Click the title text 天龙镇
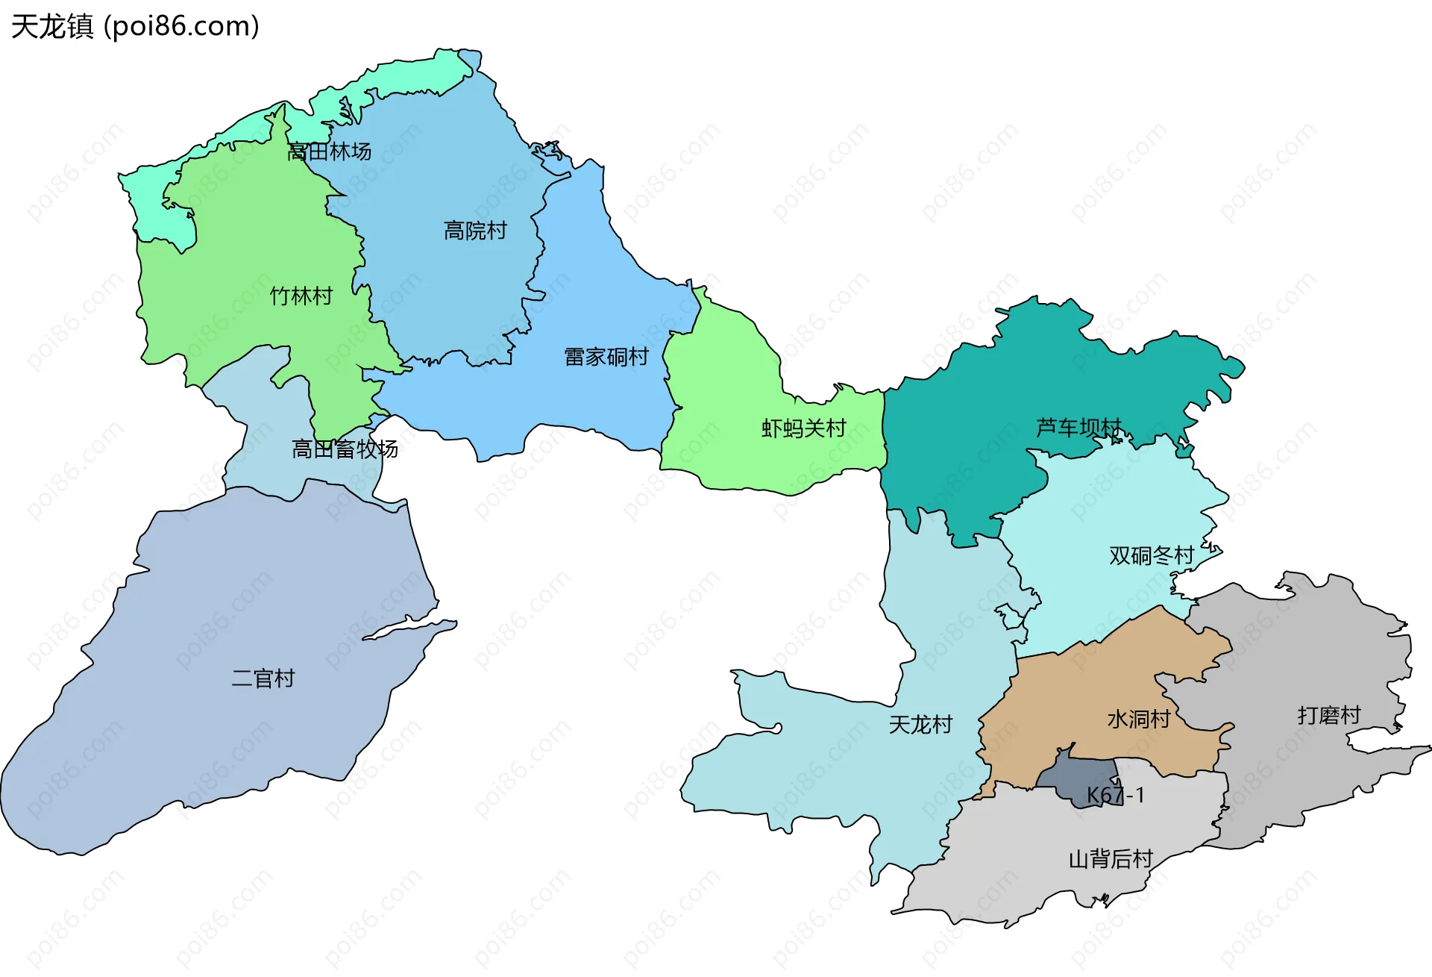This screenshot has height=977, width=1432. click(52, 26)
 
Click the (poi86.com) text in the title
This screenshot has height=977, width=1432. click(181, 26)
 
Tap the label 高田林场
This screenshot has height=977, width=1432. click(329, 152)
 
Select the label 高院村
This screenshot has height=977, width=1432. click(475, 230)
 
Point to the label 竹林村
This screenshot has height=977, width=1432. click(301, 296)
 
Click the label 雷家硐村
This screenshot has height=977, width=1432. click(606, 357)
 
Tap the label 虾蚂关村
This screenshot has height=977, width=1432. click(803, 428)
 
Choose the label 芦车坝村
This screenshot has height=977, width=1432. click(1078, 427)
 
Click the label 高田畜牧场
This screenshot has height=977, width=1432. click(344, 449)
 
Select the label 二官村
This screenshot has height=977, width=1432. click(263, 678)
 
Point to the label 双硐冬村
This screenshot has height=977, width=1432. click(1151, 555)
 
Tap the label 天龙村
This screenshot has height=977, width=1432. click(920, 724)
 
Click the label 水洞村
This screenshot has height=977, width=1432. click(1138, 719)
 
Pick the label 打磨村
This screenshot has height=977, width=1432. click(1329, 715)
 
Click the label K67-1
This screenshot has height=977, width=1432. click(1115, 795)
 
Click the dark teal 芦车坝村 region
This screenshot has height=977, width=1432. click(962, 433)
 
